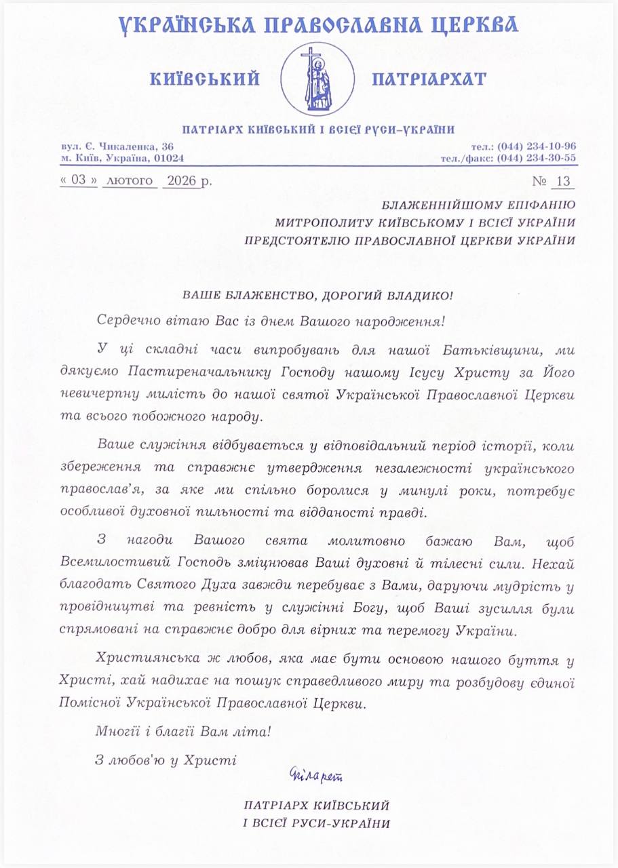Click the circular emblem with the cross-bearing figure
[317, 79]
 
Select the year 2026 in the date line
[181, 182]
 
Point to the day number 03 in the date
[80, 182]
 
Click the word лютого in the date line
[131, 182]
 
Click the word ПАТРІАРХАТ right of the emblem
[429, 79]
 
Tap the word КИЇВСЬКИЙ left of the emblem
[205, 79]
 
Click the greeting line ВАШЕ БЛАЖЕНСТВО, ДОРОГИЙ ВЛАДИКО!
[317, 296]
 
